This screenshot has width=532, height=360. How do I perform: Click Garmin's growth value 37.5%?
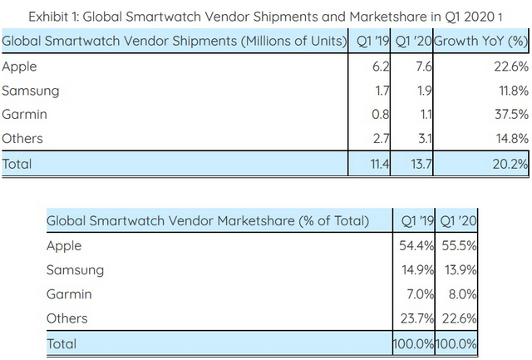click(509, 116)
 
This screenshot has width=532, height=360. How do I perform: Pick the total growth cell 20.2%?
click(509, 164)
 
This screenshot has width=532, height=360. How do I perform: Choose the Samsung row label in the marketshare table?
click(76, 270)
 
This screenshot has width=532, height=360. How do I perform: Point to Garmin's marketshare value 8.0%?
click(459, 294)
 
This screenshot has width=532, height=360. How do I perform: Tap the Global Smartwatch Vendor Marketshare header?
click(208, 221)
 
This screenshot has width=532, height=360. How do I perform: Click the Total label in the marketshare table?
click(62, 343)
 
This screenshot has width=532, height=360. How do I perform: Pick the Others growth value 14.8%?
click(509, 139)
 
